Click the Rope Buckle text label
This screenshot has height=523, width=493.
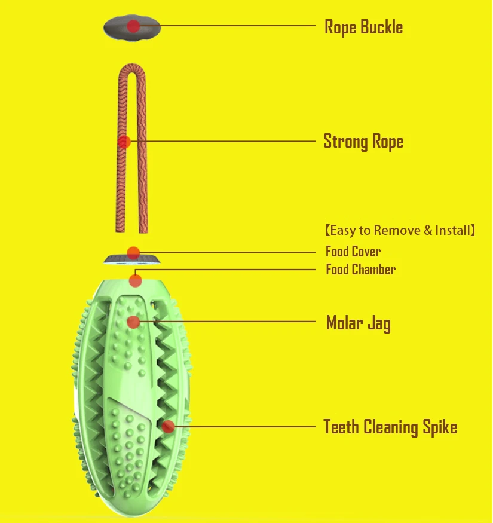pos(363,27)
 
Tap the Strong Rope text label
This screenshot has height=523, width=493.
pos(363,142)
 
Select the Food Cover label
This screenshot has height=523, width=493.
pos(353,252)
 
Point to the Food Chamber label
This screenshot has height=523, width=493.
pos(360,270)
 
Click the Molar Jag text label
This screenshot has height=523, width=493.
pos(358,323)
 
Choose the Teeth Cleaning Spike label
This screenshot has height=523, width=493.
pos(390,427)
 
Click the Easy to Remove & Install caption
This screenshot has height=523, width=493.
pos(400,230)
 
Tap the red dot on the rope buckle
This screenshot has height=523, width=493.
pos(134,26)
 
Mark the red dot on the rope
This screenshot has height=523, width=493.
pos(124,142)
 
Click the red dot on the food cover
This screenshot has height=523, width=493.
pos(133,252)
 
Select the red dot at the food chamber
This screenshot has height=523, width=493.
pos(136,279)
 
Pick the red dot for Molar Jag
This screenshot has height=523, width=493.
pos(133,322)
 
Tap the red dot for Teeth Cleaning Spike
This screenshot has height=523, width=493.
pos(169,426)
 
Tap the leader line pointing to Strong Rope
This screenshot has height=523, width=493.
pos(227,142)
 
